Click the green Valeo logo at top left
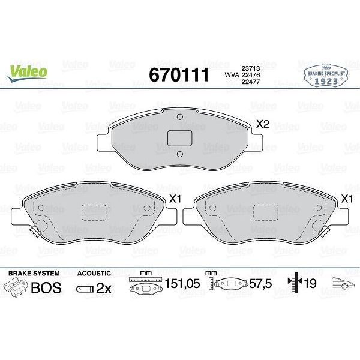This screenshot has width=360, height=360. tap(28, 70)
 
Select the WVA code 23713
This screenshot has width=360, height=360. tap(250, 68)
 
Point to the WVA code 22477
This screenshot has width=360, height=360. tap(250, 82)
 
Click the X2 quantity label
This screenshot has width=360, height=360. tap(263, 125)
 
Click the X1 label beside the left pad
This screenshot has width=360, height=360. tap(176, 199)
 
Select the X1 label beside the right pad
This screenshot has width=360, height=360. tap(346, 199)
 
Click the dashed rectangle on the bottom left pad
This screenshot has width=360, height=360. tap(94, 212)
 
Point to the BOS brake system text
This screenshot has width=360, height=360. tap(46, 287)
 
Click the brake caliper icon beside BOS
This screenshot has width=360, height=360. tap(17, 286)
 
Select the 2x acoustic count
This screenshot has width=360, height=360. tap(104, 288)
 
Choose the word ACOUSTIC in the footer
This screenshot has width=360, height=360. tap(95, 272)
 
